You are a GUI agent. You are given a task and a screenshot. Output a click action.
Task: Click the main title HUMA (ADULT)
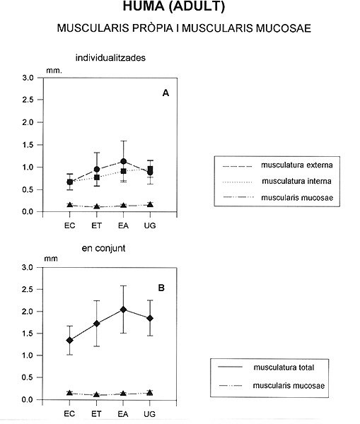pos(174,6)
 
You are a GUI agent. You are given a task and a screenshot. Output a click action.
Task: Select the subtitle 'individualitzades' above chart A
pos(110,58)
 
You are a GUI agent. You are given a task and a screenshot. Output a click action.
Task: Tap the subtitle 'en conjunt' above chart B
pos(103,248)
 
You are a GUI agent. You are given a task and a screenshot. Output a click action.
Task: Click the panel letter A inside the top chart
pos(166,93)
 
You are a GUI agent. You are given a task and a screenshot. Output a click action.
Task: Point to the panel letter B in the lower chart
pos(161,288)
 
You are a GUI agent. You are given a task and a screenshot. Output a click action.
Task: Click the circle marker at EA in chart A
pos(124,161)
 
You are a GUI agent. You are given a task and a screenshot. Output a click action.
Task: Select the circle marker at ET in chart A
pos(97,170)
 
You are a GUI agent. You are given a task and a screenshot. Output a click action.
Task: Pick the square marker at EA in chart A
pos(124,171)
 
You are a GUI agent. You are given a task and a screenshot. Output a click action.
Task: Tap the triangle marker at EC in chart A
pos(70,205)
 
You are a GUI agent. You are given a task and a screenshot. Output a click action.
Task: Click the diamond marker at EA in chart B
pos(123,310)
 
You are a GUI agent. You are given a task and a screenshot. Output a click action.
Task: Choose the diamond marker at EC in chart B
pos(69,340)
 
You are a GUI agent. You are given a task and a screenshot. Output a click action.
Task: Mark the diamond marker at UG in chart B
pos(150,318)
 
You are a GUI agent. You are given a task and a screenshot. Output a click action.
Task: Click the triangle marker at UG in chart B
pos(150,393)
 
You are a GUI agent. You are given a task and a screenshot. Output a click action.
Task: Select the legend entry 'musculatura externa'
pos(296,165)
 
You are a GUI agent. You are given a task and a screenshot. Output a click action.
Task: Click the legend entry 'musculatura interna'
pos(296,181)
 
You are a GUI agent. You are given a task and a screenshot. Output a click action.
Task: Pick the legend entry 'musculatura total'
pos(284,367)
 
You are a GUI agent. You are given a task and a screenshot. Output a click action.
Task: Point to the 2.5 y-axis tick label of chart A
pos(28,100)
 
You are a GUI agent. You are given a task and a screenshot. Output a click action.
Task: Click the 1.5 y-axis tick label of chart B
pos(27,334)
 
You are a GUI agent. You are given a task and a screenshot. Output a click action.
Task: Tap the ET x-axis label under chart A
pos(97,225)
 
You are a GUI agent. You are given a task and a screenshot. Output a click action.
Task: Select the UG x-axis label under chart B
pos(150,414)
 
